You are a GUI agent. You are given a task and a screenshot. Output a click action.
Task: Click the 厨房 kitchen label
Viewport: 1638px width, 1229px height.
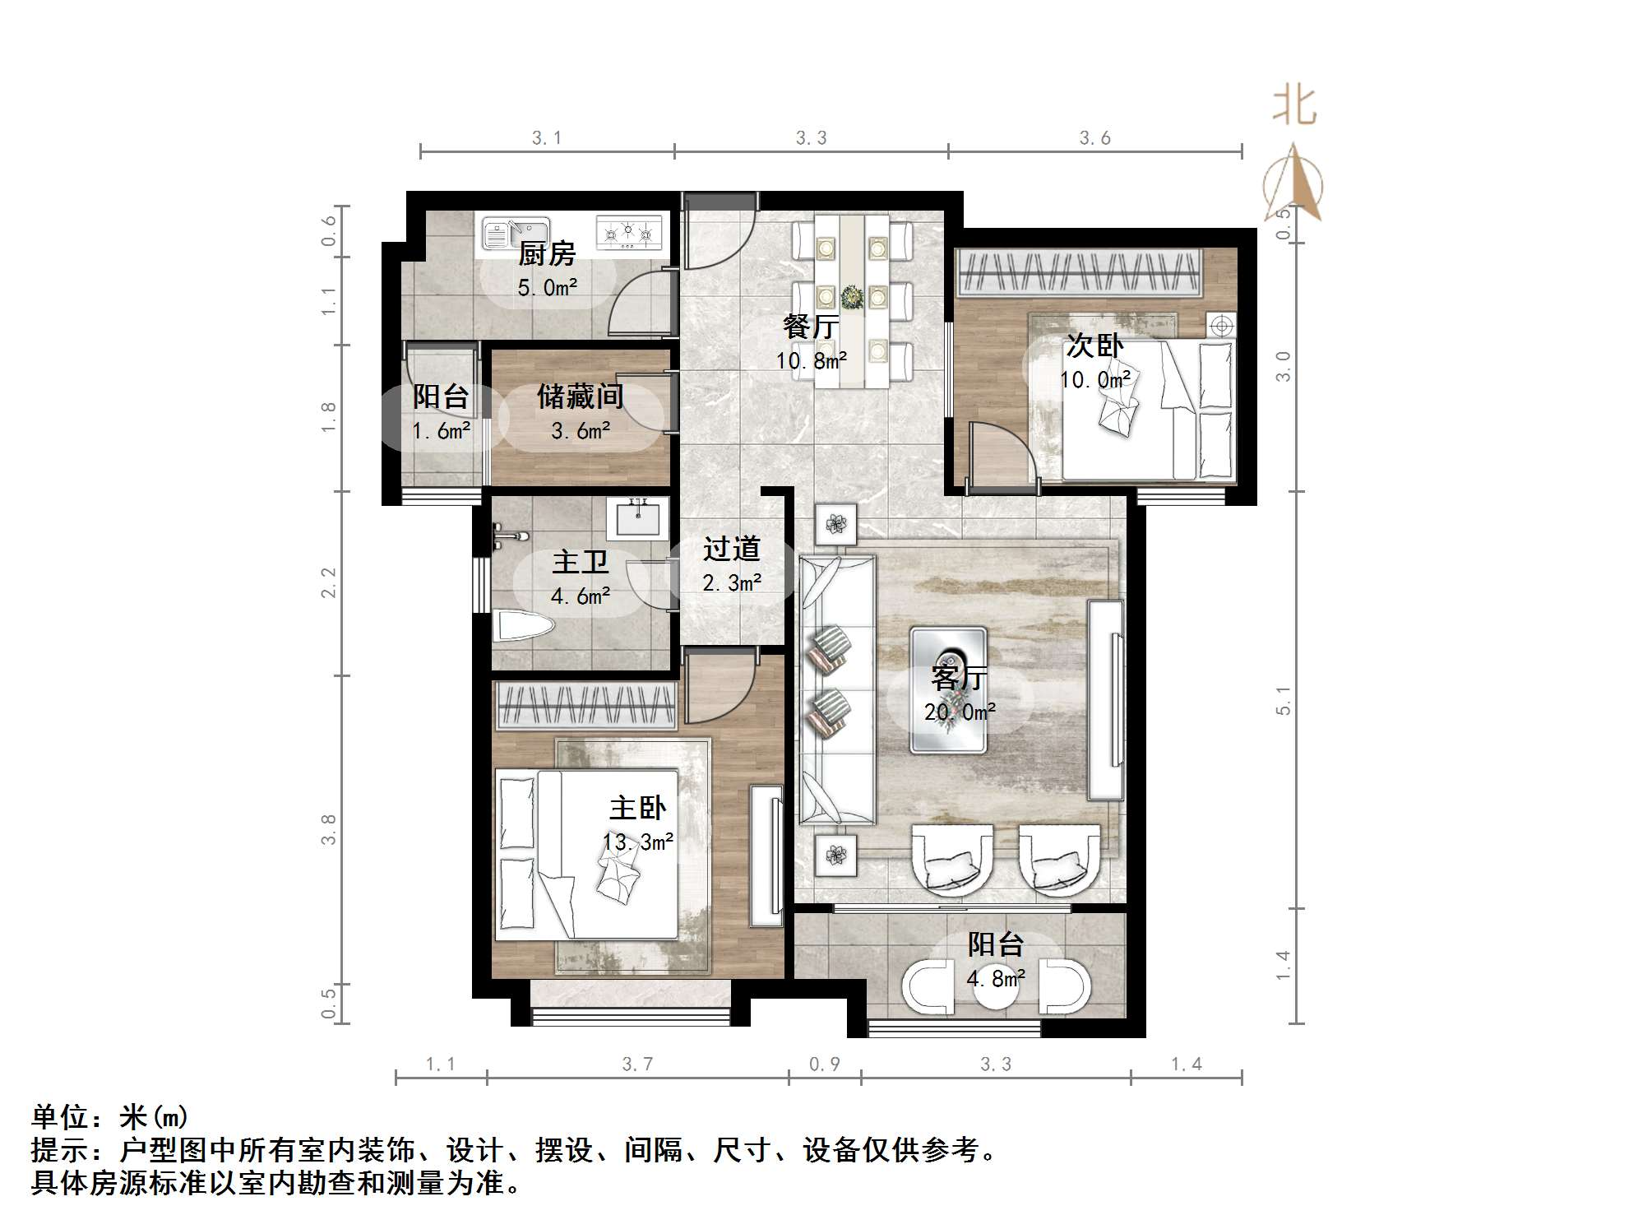pyautogui.click(x=547, y=253)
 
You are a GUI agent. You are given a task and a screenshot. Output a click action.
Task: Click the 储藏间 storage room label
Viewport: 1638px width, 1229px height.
pyautogui.click(x=580, y=397)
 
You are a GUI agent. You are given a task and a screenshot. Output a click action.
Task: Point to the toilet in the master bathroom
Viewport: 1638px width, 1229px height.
pyautogui.click(x=521, y=627)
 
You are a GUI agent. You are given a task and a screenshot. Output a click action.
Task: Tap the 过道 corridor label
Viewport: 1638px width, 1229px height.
pyautogui.click(x=731, y=549)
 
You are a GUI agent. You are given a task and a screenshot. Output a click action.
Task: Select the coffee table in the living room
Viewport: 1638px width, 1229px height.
pyautogui.click(x=948, y=689)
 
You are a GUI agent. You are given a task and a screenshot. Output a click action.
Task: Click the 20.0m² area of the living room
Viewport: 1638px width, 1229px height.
pyautogui.click(x=960, y=712)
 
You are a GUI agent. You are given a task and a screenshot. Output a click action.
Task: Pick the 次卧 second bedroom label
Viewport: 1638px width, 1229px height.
pyautogui.click(x=1094, y=346)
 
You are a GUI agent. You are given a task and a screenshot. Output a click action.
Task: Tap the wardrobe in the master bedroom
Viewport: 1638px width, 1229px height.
pyautogui.click(x=585, y=706)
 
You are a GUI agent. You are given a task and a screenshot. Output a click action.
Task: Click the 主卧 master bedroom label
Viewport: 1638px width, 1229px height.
pyautogui.click(x=637, y=808)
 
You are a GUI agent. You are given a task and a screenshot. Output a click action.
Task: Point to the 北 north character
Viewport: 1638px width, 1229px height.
pyautogui.click(x=1294, y=107)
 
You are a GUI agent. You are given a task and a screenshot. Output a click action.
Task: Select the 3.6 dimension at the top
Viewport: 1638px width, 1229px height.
pyautogui.click(x=1094, y=138)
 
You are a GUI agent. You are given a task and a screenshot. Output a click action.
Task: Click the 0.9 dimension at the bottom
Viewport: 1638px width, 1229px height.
pyautogui.click(x=824, y=1064)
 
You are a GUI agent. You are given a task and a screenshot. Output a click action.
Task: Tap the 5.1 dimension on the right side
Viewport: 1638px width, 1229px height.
pyautogui.click(x=1284, y=700)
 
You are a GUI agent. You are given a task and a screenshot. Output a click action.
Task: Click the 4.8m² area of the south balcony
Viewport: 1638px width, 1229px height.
pyautogui.click(x=995, y=979)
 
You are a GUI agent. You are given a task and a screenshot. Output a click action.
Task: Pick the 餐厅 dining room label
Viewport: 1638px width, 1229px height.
pyautogui.click(x=810, y=326)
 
